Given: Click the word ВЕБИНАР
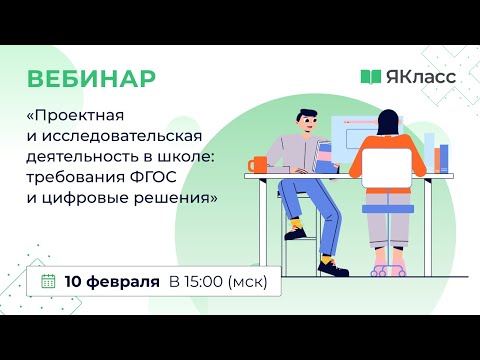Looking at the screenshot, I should (91, 79).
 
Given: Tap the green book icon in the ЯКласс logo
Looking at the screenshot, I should (370, 77).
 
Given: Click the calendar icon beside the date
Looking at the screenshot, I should (48, 281).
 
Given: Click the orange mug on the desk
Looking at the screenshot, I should (259, 163).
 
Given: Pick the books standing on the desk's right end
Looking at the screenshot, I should (439, 156).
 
